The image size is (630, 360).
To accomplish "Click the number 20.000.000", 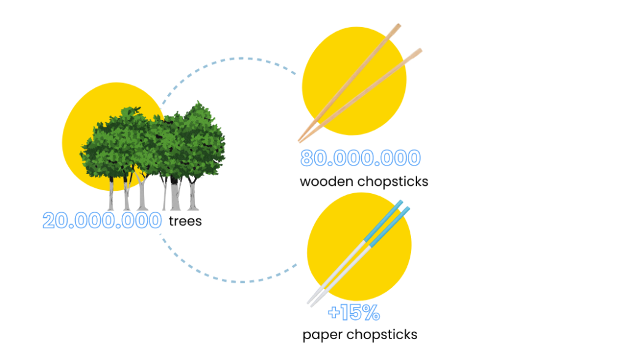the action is point(102,220).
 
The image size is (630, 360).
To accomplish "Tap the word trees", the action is point(185,221).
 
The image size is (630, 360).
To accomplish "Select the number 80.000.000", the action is point(361,158).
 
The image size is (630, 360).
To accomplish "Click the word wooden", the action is point(327,182).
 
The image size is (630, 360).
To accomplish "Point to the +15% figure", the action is point(354,313).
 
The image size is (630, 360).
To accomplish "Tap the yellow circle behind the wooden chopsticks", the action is point(354,81).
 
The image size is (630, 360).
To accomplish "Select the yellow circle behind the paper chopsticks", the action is point(359,246).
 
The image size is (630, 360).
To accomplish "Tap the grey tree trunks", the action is point(153,193).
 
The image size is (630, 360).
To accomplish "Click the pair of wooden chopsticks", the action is point(360,83).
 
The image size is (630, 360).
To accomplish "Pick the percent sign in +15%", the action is point(370,313).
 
